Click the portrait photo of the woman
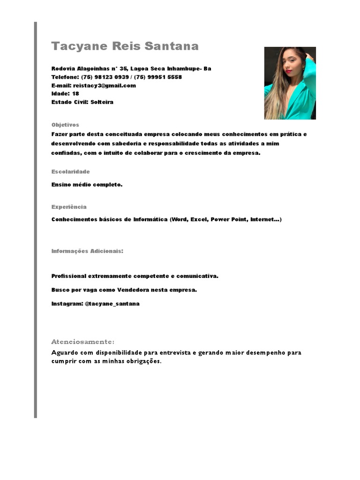click(x=290, y=83)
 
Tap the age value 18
click(x=75, y=94)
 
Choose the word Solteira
click(x=102, y=102)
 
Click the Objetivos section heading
click(x=65, y=125)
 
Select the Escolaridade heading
click(x=70, y=172)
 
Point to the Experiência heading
click(x=69, y=207)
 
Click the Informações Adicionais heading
click(x=87, y=251)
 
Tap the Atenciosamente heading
click(x=82, y=342)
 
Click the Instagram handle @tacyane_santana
click(x=112, y=304)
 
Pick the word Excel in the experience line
click(x=199, y=219)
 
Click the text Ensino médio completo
click(x=87, y=185)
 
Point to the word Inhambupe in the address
click(x=183, y=68)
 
